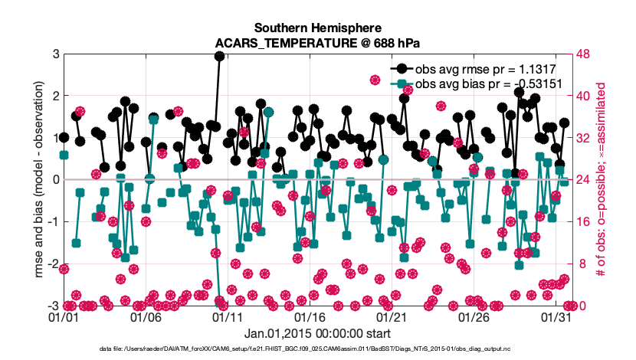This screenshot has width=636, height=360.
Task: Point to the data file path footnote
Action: tap(317, 349)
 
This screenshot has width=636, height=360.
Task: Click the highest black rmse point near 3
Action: tap(220, 56)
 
